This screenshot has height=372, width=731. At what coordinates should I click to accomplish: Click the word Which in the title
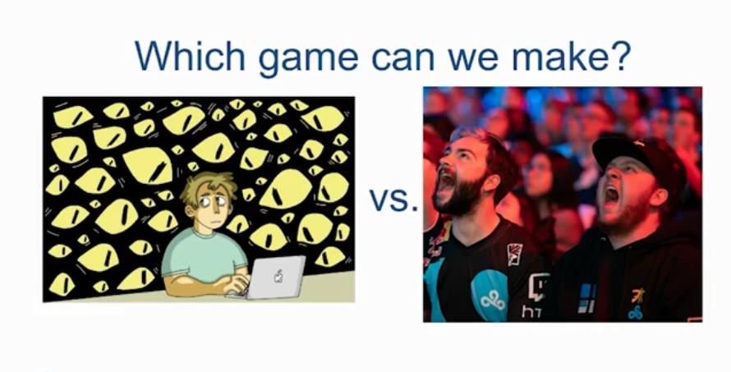pyautogui.click(x=190, y=56)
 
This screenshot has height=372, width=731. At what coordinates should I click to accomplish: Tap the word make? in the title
pyautogui.click(x=572, y=56)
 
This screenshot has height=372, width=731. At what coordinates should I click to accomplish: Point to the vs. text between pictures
pyautogui.click(x=393, y=200)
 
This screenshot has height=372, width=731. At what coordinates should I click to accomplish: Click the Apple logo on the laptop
pyautogui.click(x=278, y=276)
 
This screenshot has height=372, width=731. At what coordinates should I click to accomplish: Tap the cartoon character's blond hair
pyautogui.click(x=208, y=186)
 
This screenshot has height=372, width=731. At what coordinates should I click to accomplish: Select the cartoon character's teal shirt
pyautogui.click(x=204, y=254)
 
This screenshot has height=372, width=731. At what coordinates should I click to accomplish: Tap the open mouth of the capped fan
pyautogui.click(x=612, y=198)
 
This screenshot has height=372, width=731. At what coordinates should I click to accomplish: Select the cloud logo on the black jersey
pyautogui.click(x=493, y=301)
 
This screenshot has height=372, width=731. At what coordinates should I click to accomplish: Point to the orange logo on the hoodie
pyautogui.click(x=637, y=296)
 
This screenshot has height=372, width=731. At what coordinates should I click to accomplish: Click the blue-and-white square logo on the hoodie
pyautogui.click(x=586, y=298)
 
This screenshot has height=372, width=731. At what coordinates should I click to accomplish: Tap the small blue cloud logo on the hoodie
pyautogui.click(x=635, y=312)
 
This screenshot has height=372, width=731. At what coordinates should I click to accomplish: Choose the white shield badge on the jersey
pyautogui.click(x=514, y=254)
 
